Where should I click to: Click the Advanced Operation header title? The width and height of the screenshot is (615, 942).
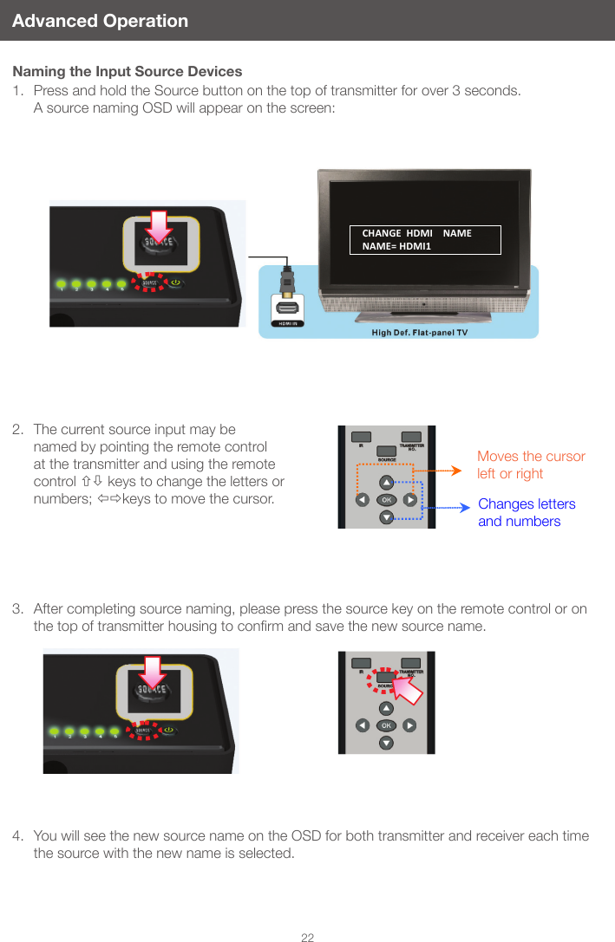100,21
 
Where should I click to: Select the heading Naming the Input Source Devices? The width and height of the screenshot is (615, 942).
128,71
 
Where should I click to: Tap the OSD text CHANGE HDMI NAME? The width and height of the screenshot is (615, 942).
416,233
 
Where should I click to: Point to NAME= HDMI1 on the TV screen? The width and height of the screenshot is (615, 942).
396,246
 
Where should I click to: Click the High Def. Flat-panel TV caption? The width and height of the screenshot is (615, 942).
420,333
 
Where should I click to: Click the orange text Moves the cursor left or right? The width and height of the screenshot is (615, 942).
530,465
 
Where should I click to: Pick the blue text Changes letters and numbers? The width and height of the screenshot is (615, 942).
527,512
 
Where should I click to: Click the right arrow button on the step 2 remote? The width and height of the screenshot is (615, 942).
410,500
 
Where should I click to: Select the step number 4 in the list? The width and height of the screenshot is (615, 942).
17,836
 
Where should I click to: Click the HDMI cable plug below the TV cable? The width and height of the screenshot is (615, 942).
288,281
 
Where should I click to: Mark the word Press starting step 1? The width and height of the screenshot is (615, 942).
51,91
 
